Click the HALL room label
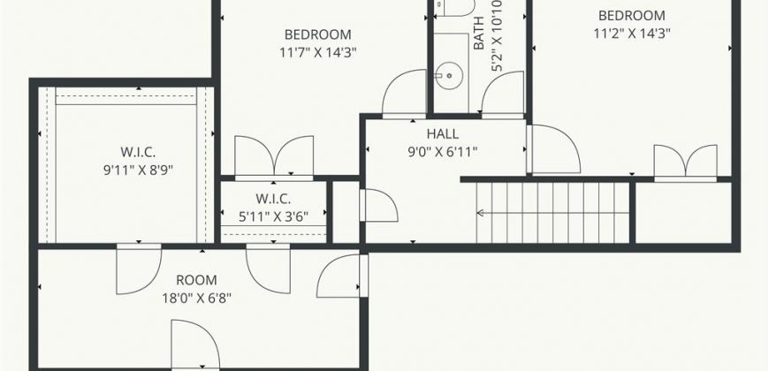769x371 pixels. pyautogui.click(x=442, y=133)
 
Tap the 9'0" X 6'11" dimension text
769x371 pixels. pyautogui.click(x=442, y=152)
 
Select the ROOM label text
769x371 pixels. pyautogui.click(x=196, y=280)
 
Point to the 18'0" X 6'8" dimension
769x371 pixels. pyautogui.click(x=196, y=299)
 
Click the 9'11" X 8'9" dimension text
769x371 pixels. pyautogui.click(x=138, y=170)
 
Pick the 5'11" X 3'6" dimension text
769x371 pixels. pyautogui.click(x=273, y=217)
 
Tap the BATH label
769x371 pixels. pyautogui.click(x=478, y=33)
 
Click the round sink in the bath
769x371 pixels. pyautogui.click(x=449, y=76)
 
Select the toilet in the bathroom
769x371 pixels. pyautogui.click(x=454, y=8)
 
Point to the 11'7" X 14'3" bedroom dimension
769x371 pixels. pyautogui.click(x=318, y=52)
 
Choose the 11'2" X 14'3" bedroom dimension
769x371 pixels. pyautogui.click(x=632, y=34)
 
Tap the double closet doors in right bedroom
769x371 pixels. pyautogui.click(x=685, y=163)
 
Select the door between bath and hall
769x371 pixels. pyautogui.click(x=503, y=95)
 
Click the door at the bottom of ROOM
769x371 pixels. pyautogui.click(x=195, y=344)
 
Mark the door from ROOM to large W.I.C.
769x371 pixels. pyautogui.click(x=139, y=269)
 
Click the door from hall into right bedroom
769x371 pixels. pyautogui.click(x=553, y=149)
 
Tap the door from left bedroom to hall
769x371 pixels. pyautogui.click(x=404, y=94)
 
